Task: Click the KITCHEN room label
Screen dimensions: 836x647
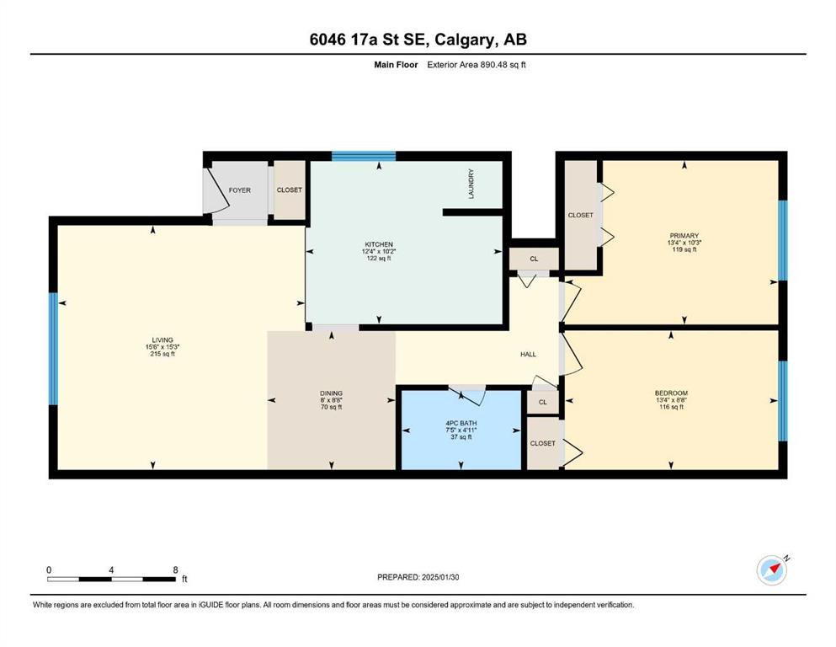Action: [x=379, y=244]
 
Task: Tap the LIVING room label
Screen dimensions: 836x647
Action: [x=162, y=340]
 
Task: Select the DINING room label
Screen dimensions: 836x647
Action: [x=331, y=393]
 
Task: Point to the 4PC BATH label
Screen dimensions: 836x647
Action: [x=461, y=423]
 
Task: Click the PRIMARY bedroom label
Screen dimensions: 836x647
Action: [x=684, y=236]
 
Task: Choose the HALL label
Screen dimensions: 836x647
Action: [x=529, y=354]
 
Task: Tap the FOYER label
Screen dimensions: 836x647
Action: [x=239, y=190]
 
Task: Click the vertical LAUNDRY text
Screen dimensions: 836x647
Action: [x=471, y=184]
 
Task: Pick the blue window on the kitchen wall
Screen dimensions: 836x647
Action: [x=364, y=156]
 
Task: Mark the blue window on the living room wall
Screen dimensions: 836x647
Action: [x=53, y=349]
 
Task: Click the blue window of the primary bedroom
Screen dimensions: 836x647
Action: [x=783, y=240]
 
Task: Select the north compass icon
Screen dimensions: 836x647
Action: [x=772, y=570]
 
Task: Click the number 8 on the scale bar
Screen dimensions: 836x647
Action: [x=175, y=569]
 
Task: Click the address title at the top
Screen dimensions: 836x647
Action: [x=418, y=40]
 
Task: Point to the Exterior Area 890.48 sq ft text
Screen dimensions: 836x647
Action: [x=477, y=65]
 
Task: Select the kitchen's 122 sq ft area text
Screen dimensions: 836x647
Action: [x=379, y=258]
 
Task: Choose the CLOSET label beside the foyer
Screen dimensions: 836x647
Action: [x=290, y=190]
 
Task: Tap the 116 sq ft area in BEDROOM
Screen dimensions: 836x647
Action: [x=671, y=407]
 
